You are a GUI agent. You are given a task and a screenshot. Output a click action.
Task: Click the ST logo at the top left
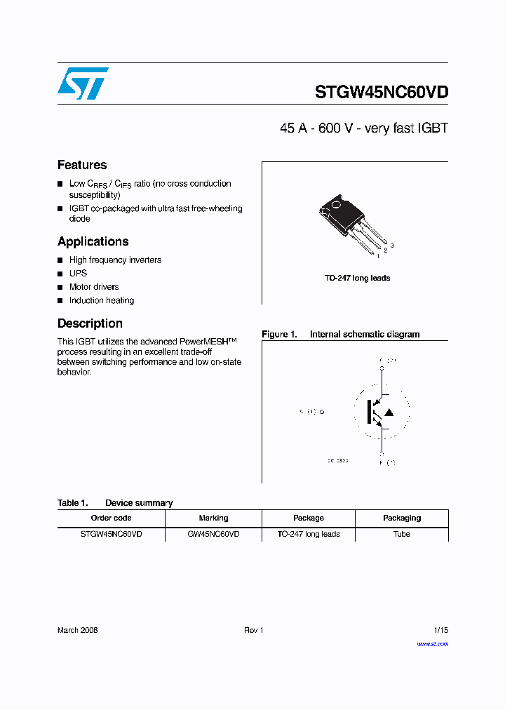point(83,83)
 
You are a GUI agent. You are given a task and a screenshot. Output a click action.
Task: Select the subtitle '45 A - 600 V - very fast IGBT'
point(363,128)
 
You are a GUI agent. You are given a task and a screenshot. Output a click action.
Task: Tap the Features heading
point(82,165)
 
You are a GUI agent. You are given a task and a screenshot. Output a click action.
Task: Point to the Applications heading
point(93,241)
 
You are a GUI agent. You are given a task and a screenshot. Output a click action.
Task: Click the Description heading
point(90,323)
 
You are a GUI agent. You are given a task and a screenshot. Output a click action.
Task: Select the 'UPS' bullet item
point(78,274)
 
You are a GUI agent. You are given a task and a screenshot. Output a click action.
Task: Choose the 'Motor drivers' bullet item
point(94,287)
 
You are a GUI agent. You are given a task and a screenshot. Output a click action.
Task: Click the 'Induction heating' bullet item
point(101,300)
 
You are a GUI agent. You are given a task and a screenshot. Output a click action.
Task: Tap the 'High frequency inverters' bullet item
point(115,260)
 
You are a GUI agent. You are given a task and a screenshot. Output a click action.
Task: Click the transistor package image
point(351,223)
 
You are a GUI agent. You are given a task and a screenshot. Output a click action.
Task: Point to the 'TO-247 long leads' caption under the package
point(357,279)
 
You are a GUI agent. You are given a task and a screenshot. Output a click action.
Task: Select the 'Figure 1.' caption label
point(279,335)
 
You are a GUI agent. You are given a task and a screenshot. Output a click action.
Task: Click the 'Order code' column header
point(111,518)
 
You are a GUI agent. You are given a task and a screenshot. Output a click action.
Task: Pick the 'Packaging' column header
point(402,518)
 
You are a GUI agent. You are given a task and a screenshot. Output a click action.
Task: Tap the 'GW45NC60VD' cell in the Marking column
point(213,534)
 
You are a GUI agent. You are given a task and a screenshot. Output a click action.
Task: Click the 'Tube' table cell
point(402,534)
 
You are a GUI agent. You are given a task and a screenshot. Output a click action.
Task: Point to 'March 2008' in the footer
point(77,630)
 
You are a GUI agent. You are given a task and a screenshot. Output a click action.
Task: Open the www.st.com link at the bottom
point(432,644)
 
